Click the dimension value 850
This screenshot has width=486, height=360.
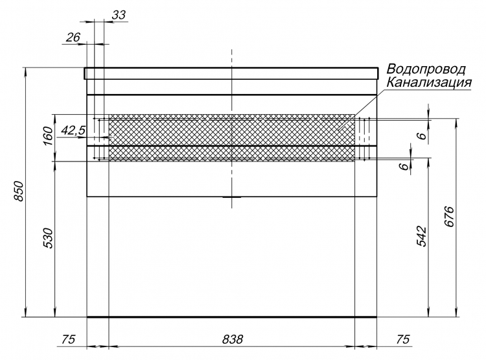coord(19,191)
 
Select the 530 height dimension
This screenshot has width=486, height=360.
coord(49,238)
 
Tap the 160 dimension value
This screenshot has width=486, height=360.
coord(49,136)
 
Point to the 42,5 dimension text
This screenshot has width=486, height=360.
coord(73,130)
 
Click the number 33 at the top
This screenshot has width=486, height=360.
coord(119,15)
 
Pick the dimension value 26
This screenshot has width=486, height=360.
coord(73,37)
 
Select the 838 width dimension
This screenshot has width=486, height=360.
coord(233,339)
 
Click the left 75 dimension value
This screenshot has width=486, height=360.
coord(69,339)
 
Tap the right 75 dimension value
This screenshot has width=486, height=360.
coord(403,339)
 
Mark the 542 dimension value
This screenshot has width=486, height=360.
coord(421,237)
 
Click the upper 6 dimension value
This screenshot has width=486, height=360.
coord(422,136)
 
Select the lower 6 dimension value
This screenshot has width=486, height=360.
coord(404,166)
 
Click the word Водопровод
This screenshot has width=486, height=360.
coord(426,69)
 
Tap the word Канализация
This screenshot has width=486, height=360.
coord(429,82)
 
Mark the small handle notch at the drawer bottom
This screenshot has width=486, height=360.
coord(232,197)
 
